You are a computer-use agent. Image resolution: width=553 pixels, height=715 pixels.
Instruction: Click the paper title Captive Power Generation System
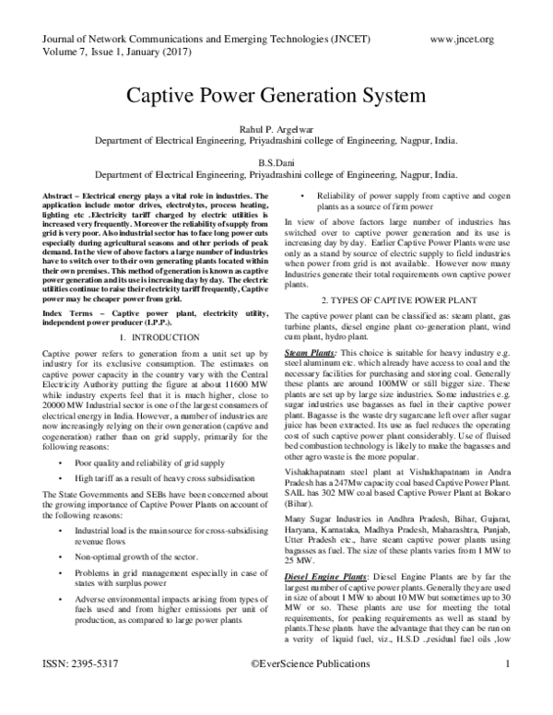coord(276,95)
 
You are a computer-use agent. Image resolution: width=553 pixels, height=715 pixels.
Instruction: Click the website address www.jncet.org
coord(462,38)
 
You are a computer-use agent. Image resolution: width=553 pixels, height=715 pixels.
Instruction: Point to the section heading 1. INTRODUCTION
coord(159,311)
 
